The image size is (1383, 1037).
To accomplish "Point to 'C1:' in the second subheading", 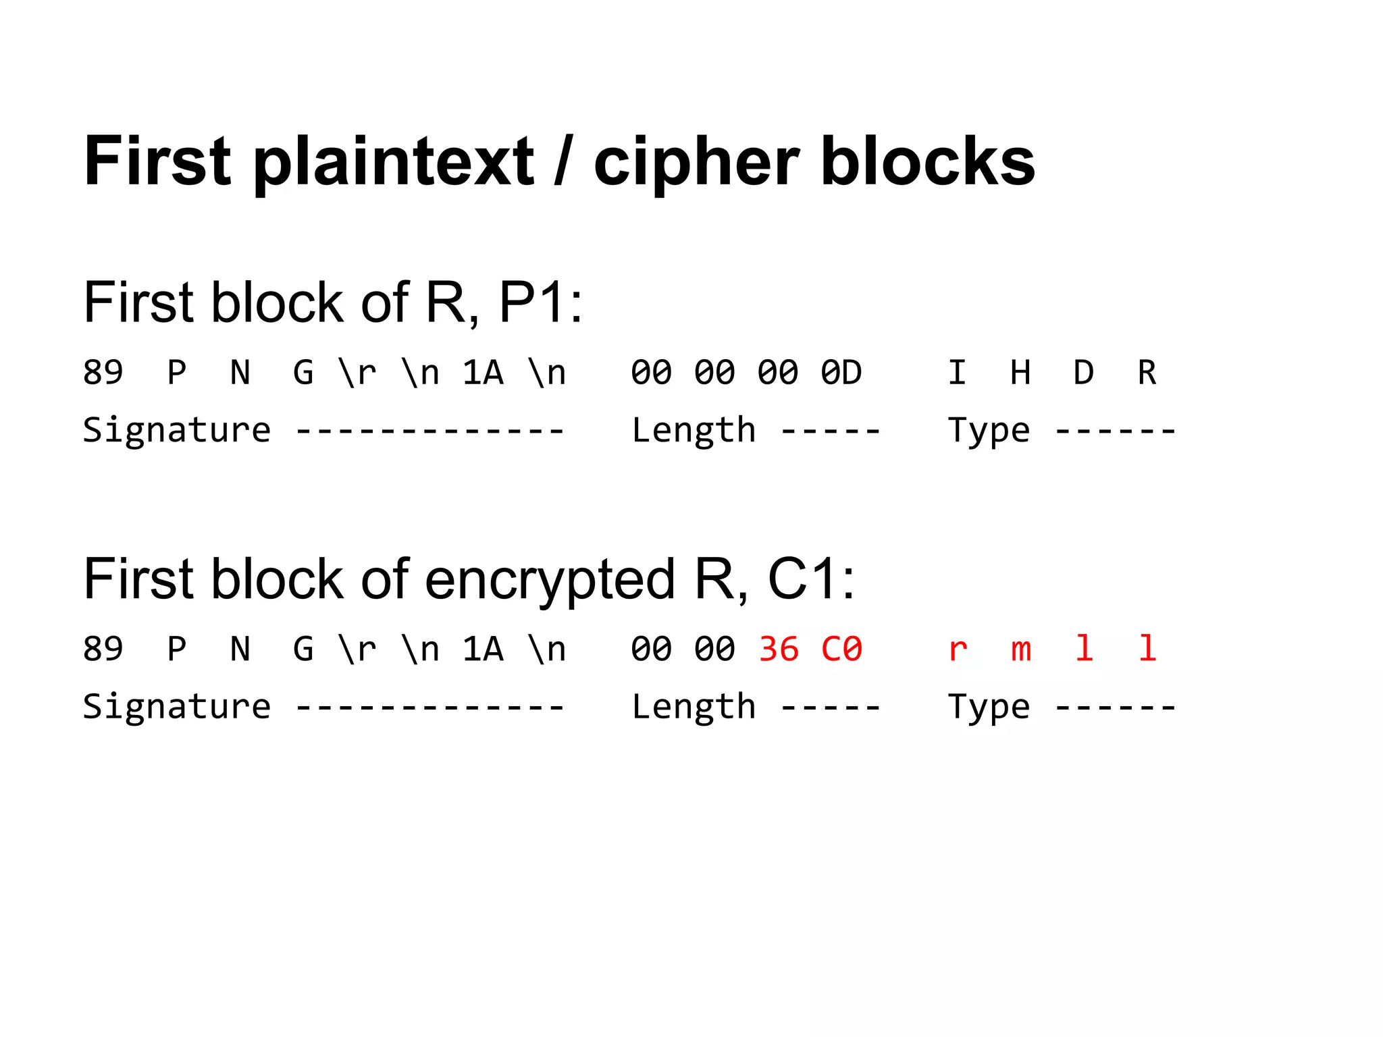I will [x=811, y=579].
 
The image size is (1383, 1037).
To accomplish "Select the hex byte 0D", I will [x=841, y=373].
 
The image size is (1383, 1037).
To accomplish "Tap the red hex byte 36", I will [x=779, y=649].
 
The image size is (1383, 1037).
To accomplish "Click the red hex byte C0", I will [x=841, y=649].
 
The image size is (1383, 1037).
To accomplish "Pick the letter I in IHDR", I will [x=957, y=373].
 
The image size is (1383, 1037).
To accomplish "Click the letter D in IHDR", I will [x=1083, y=373].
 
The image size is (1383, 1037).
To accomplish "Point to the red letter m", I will [x=1020, y=650].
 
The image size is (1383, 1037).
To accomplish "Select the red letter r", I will [x=958, y=650].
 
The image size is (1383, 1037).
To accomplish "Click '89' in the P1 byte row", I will [x=103, y=373].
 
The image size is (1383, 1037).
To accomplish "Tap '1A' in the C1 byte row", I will [x=483, y=649].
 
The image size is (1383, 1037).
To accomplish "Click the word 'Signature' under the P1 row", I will [x=177, y=431].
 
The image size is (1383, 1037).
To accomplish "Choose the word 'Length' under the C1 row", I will [x=694, y=708].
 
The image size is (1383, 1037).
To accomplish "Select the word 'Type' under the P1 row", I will [x=989, y=431].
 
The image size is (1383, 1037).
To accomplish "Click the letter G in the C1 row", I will [x=303, y=649].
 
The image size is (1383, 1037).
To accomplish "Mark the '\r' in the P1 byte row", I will [x=357, y=373].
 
